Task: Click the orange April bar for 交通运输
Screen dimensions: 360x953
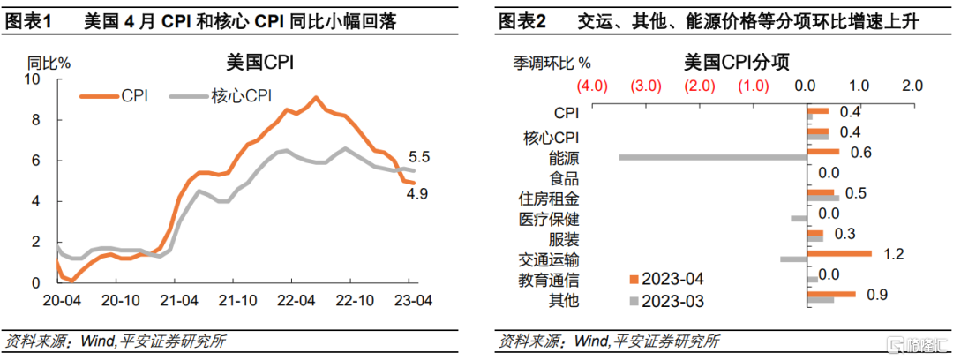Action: (839, 253)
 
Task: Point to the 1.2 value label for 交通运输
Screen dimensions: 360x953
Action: (895, 255)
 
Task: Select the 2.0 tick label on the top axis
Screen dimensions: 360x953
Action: (912, 86)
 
